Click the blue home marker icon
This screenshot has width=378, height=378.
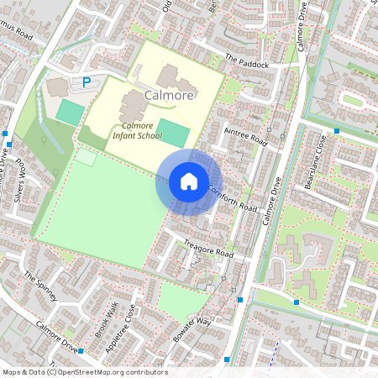pyautogui.click(x=189, y=181)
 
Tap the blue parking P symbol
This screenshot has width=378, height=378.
pyautogui.click(x=86, y=82)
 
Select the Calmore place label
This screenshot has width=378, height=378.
pyautogui.click(x=170, y=96)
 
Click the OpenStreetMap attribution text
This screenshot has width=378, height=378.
pyautogui.click(x=85, y=372)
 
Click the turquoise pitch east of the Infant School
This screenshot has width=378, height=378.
pyautogui.click(x=173, y=132)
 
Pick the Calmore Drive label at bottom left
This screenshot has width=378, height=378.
pyautogui.click(x=57, y=338)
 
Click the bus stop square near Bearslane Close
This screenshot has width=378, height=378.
pyautogui.click(x=336, y=131)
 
